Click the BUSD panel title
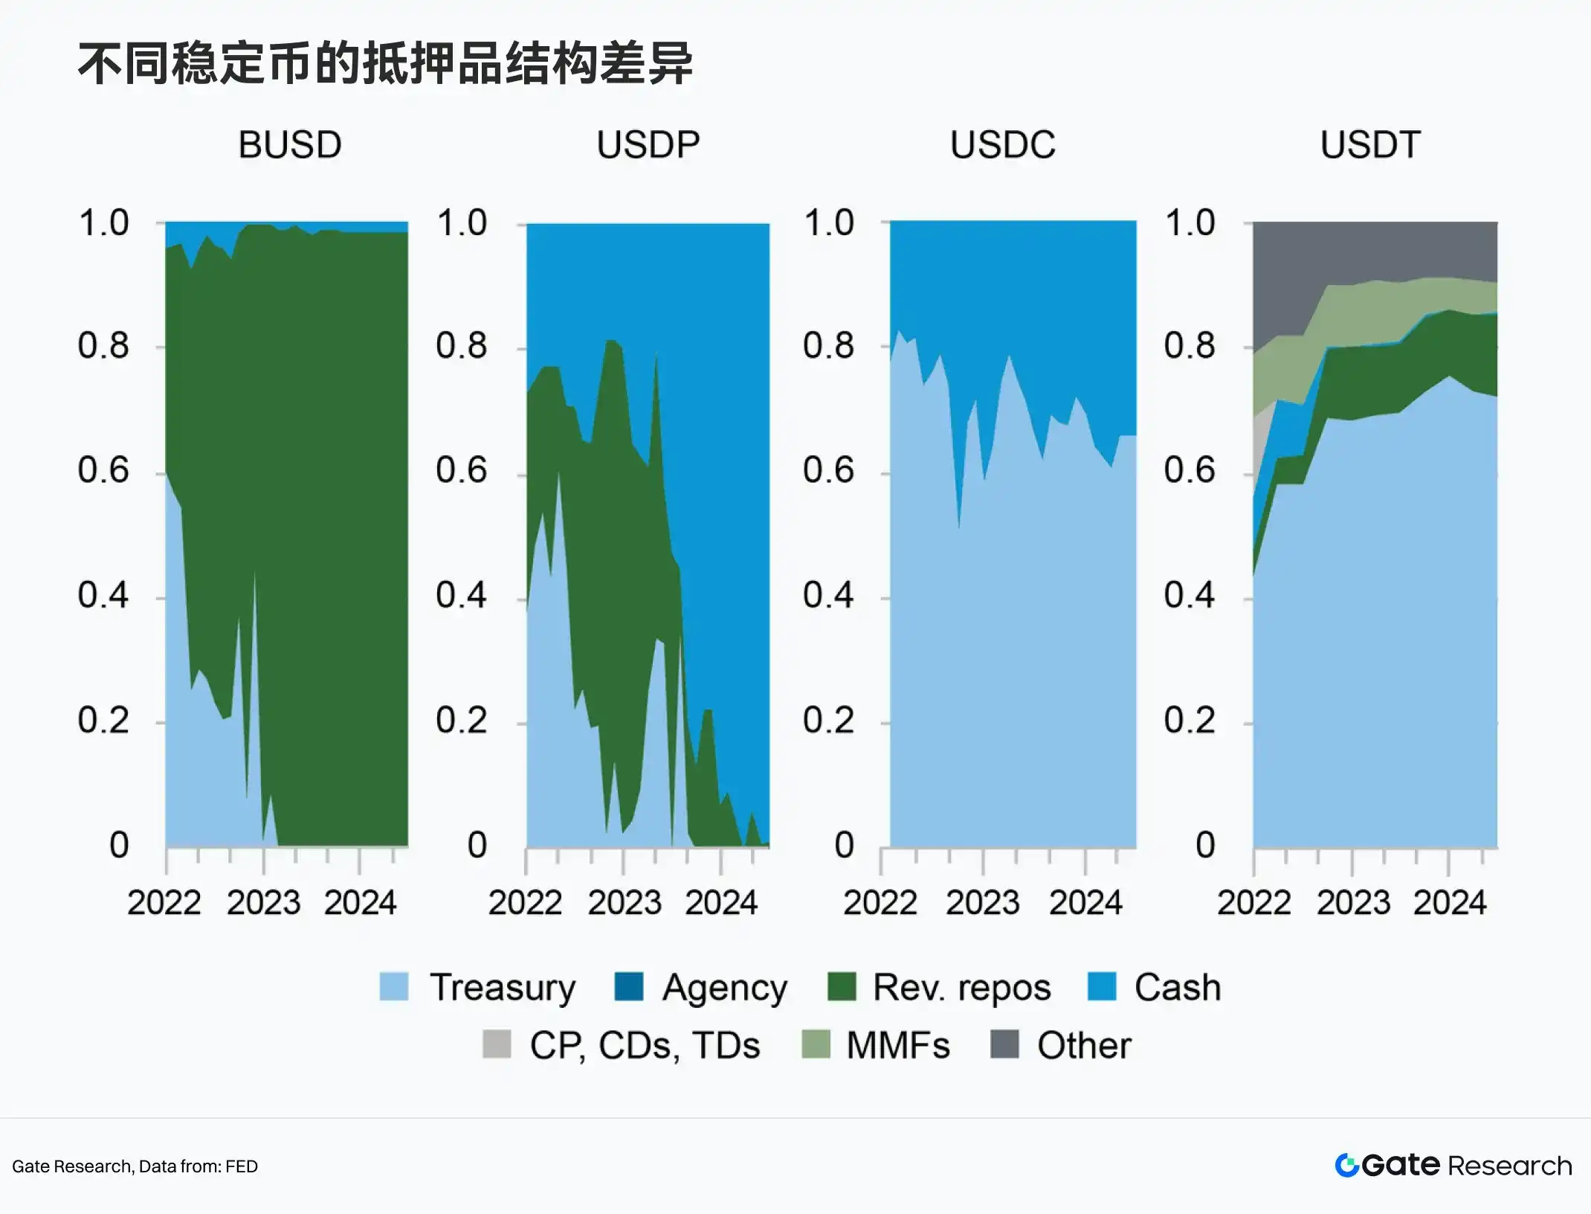(x=290, y=144)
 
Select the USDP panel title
(x=648, y=144)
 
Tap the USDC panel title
(x=1003, y=144)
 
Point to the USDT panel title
(x=1370, y=144)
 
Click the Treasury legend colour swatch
(x=394, y=987)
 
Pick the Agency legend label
(x=725, y=989)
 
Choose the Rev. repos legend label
(x=962, y=988)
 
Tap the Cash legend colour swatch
(x=1102, y=987)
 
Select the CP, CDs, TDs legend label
(x=645, y=1046)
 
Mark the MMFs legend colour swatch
(x=816, y=1044)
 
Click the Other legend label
(x=1084, y=1045)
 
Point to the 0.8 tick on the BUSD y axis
(x=103, y=346)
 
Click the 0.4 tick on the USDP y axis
(x=461, y=595)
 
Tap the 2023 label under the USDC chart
(x=983, y=903)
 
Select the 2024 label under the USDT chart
(x=1450, y=903)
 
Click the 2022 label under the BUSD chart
(x=164, y=903)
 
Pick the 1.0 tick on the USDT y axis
(x=1190, y=222)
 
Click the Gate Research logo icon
(x=1346, y=1166)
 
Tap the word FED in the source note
(x=242, y=1166)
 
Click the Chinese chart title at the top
(x=385, y=64)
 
